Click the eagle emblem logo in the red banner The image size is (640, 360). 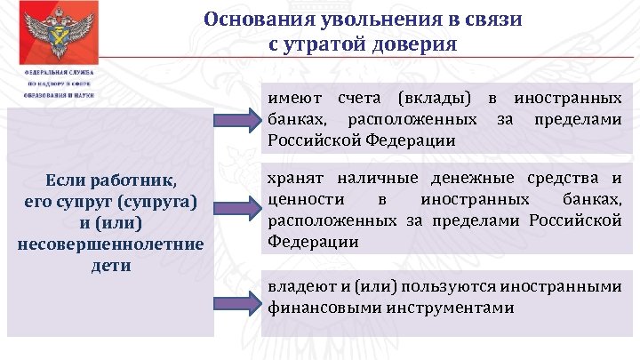pyautogui.click(x=60, y=32)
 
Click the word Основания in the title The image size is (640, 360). pyautogui.click(x=250, y=20)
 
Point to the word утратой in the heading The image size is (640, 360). pyautogui.click(x=332, y=44)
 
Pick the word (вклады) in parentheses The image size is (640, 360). pyautogui.click(x=432, y=98)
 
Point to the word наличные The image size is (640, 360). pyautogui.click(x=372, y=179)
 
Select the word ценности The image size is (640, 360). pyautogui.click(x=301, y=200)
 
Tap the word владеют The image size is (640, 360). pyautogui.click(x=300, y=287)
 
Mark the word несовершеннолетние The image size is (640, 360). pyautogui.click(x=110, y=244)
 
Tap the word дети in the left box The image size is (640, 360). pyautogui.click(x=110, y=265)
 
